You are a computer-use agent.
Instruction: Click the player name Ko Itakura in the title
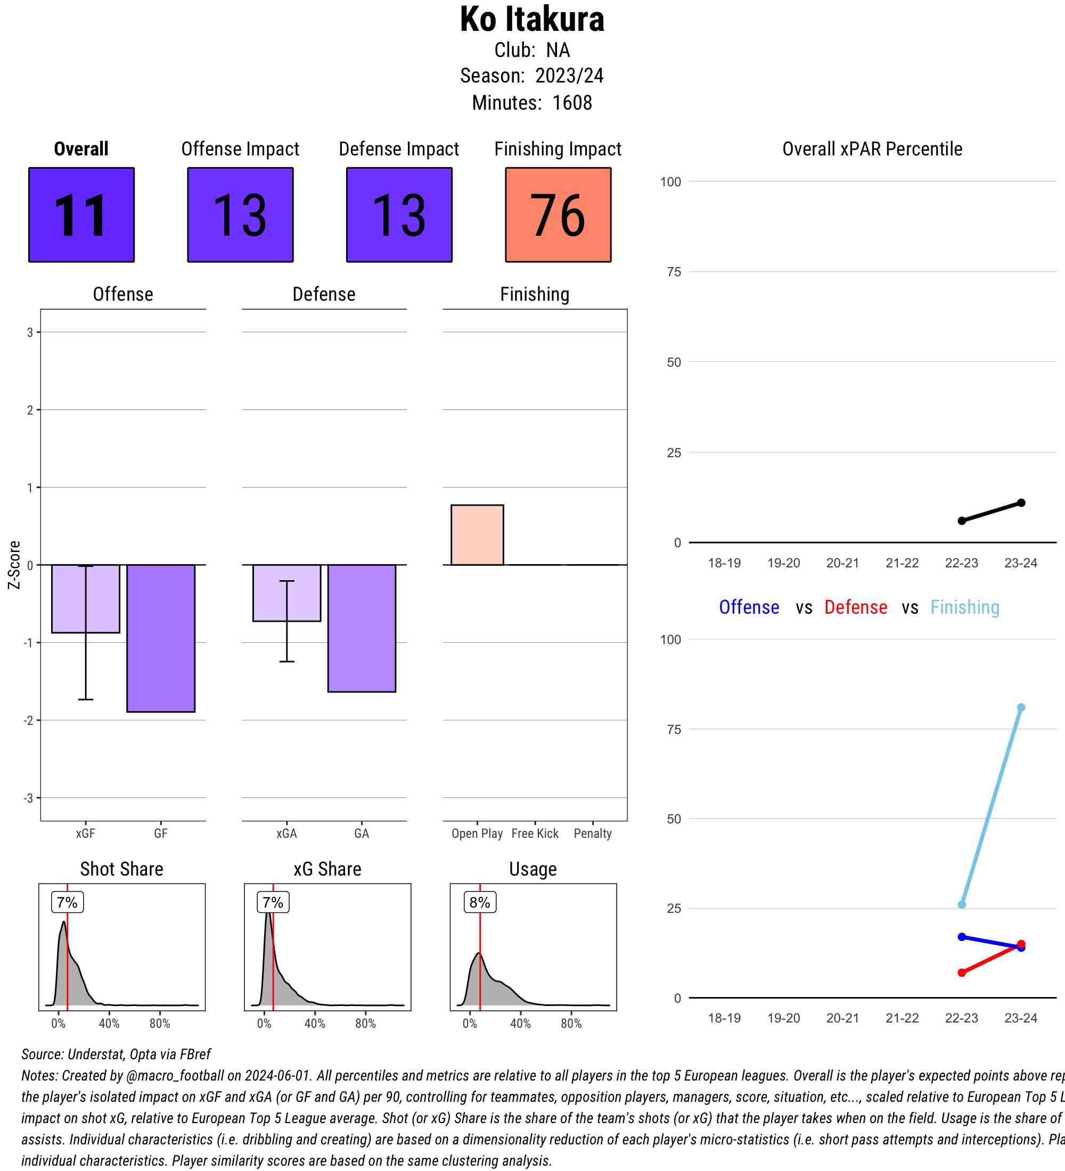[531, 20]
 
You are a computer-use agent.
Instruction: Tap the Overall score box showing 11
[81, 215]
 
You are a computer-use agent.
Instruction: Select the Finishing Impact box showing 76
[558, 215]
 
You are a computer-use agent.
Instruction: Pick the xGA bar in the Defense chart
[286, 592]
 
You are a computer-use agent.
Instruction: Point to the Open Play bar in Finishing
[477, 534]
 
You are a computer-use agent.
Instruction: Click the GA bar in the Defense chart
[362, 628]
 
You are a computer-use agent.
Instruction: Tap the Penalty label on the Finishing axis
[593, 834]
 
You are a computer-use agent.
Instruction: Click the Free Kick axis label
[535, 834]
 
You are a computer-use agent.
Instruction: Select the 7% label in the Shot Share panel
[68, 902]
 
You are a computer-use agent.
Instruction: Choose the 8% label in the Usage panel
[480, 902]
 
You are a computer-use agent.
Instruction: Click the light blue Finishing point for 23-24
[1021, 707]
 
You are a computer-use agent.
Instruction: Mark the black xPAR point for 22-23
[962, 521]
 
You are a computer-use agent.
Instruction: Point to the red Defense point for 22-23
[962, 972]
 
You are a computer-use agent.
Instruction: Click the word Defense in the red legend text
[855, 607]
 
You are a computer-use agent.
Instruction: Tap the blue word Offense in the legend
[749, 607]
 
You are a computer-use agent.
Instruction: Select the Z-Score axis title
[14, 565]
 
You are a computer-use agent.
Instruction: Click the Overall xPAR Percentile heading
[872, 149]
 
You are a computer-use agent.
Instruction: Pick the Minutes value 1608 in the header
[572, 103]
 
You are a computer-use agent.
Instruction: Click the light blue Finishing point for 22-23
[962, 904]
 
